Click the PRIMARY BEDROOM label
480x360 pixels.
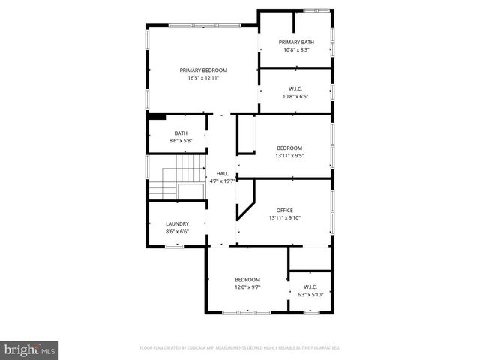click(203, 70)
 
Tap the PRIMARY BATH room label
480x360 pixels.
click(296, 42)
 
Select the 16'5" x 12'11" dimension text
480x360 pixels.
click(203, 78)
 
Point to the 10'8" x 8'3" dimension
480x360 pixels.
click(296, 50)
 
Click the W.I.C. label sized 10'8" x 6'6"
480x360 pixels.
click(296, 88)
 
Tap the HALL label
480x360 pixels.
click(222, 173)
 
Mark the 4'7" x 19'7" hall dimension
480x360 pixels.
click(222, 181)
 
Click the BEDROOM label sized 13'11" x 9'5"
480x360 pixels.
click(289, 148)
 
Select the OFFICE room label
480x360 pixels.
click(284, 210)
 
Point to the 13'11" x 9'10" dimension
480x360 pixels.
click(284, 218)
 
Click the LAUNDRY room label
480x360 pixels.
click(177, 223)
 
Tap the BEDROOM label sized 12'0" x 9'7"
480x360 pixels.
click(247, 279)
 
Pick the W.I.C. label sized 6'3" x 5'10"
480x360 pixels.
click(310, 286)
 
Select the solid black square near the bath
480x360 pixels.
click(157, 115)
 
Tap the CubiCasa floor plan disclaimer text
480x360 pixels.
click(240, 348)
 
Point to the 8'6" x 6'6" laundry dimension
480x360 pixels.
click(177, 232)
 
